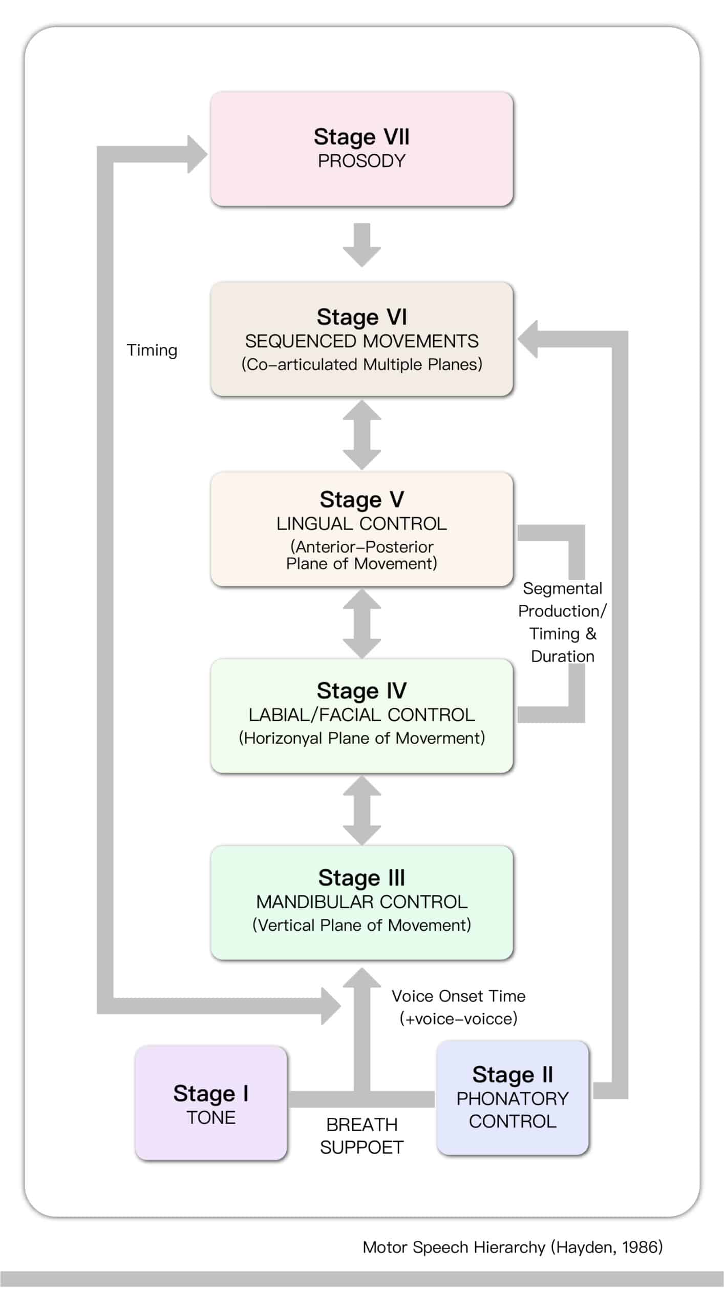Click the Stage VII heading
[x=361, y=137]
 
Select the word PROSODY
[x=361, y=161]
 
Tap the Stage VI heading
[x=361, y=317]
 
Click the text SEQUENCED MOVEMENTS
[x=361, y=341]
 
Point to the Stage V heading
[x=361, y=499]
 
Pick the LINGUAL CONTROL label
[x=361, y=523]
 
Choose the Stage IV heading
[x=361, y=690]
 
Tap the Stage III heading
[x=361, y=877]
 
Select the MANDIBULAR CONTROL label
[x=361, y=901]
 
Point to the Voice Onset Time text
[x=458, y=996]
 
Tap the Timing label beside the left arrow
[x=152, y=351]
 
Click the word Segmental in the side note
[x=562, y=588]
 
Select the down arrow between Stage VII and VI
[x=361, y=245]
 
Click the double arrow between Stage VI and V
[x=361, y=435]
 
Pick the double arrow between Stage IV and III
[x=361, y=810]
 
